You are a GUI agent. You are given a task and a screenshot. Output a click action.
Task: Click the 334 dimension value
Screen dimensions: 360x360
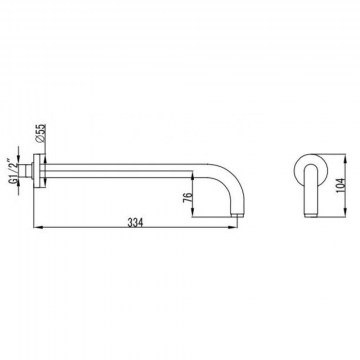(135, 222)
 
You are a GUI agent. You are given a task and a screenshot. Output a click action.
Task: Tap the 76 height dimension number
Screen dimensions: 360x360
(188, 197)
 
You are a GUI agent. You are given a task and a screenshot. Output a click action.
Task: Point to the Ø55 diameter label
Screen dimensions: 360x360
(41, 133)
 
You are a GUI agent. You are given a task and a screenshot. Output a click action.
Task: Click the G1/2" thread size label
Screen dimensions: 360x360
(13, 171)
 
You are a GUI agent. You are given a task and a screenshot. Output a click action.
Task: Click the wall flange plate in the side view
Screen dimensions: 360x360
(39, 171)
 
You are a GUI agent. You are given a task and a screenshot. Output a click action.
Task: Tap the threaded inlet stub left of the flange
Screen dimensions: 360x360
(25, 171)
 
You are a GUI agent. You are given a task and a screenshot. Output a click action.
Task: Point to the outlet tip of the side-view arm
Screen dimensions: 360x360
(237, 214)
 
